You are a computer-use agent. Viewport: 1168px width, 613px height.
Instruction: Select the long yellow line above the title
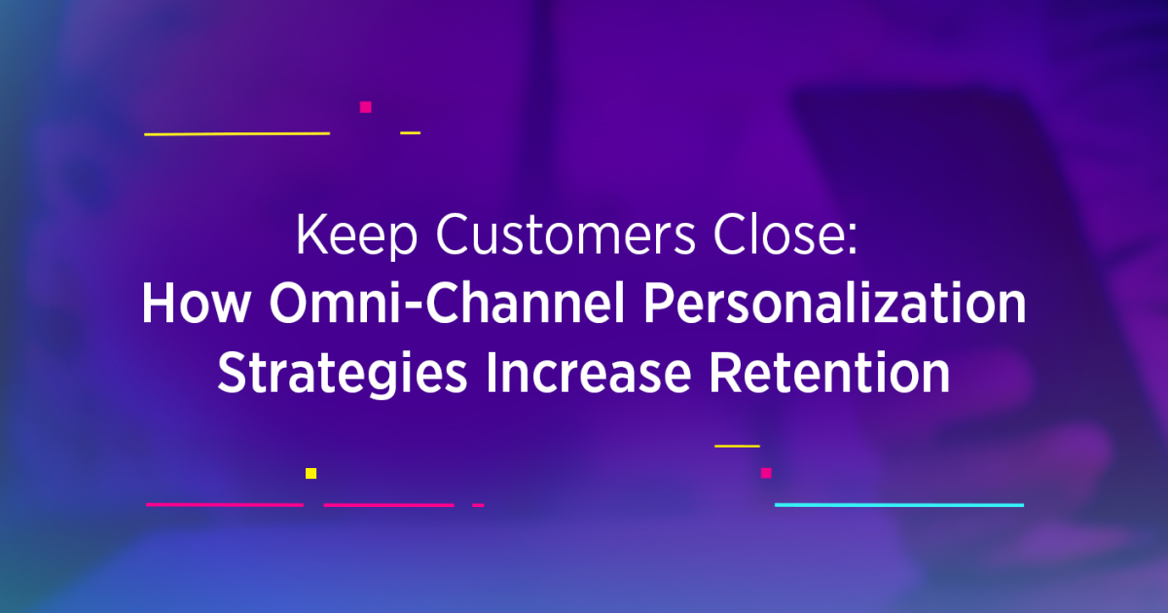tap(237, 133)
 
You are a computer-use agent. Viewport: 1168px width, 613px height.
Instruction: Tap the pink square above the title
tap(365, 107)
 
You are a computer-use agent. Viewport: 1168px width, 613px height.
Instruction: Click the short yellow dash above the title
tap(410, 132)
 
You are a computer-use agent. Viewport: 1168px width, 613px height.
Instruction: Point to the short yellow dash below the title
tap(737, 446)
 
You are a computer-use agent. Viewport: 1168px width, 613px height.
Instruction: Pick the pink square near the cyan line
tap(766, 473)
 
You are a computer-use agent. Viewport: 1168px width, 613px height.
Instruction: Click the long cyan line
tap(898, 505)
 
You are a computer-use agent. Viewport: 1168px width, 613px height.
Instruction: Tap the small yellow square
tap(310, 473)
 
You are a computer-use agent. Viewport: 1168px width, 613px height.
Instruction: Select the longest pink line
tap(224, 505)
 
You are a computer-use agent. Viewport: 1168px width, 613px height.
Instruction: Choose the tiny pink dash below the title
tap(478, 505)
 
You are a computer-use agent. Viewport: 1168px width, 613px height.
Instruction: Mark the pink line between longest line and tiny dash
tap(388, 505)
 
